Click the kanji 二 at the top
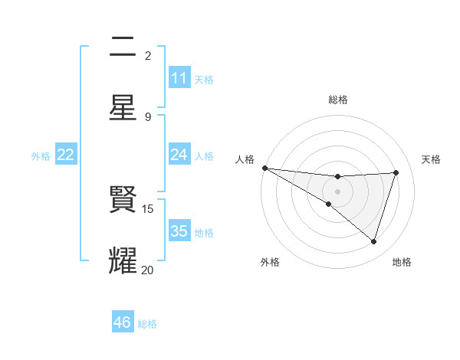[x=123, y=47]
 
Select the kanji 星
[x=123, y=106]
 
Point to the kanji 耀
[x=123, y=260]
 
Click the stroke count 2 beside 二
[x=148, y=56]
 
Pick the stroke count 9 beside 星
[x=148, y=116]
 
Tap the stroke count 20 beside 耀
[x=148, y=270]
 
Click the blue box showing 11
[x=179, y=78]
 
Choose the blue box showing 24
[x=179, y=155]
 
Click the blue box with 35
[x=179, y=231]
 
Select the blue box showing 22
[x=66, y=155]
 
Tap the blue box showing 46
[x=123, y=322]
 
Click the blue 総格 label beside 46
[x=147, y=324]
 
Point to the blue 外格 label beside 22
[x=41, y=156]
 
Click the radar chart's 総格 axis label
[x=338, y=100]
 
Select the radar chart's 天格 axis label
[x=431, y=159]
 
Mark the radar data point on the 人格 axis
[x=264, y=168]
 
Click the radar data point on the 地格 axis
[x=374, y=242]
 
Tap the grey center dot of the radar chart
[x=337, y=191]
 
